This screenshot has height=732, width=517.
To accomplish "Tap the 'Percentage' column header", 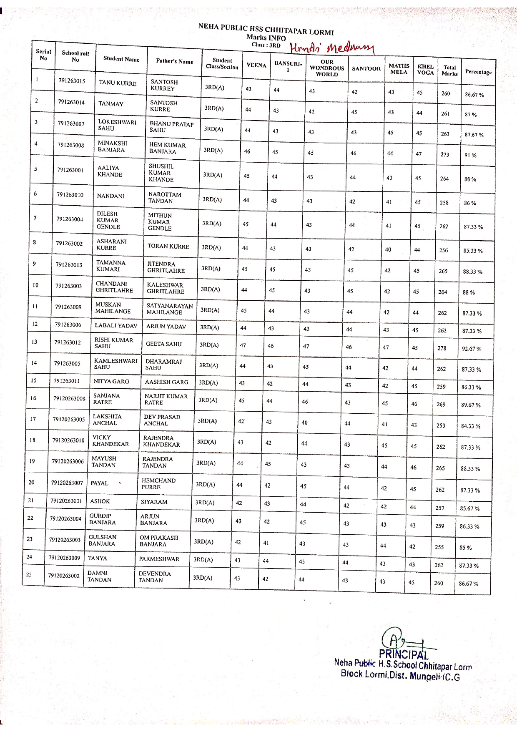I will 478,72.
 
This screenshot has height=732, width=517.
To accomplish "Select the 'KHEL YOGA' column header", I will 425,69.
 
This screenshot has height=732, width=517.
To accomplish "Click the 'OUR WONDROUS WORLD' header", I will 327,68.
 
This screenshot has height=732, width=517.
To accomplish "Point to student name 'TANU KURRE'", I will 118,83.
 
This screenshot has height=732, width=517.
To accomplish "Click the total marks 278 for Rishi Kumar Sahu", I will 442,348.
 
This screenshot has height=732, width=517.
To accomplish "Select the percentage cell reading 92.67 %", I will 472,349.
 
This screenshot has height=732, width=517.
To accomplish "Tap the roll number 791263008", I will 71,145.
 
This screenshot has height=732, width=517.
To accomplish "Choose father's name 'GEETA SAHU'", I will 164,344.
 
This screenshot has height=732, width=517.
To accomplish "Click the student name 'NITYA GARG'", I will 111,381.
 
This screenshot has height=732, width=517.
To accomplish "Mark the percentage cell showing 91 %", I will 470,155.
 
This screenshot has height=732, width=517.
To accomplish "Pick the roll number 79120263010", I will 68,440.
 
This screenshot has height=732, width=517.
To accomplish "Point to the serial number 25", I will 29,574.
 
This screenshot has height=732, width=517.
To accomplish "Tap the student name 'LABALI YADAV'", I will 116,325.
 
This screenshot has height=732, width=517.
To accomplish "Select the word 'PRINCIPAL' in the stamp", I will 404,654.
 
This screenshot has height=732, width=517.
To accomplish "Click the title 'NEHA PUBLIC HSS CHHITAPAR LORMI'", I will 266,29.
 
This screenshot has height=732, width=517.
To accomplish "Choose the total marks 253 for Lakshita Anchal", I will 441,425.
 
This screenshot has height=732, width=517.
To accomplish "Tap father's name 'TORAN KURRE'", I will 168,247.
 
